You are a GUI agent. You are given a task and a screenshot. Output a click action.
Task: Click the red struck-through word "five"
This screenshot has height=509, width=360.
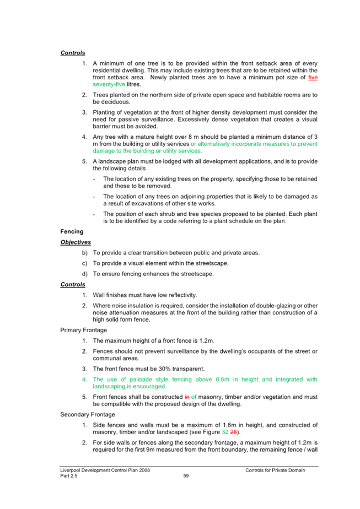pos(313,78)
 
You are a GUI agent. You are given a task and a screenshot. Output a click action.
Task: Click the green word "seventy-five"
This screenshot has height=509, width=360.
pos(109,84)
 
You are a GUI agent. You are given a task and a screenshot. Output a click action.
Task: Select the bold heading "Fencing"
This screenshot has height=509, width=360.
pos(72,231)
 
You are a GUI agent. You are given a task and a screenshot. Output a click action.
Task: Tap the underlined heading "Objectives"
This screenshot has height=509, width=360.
pos(76,242)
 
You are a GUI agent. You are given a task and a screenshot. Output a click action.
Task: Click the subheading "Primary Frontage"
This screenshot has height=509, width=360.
pos(83,330)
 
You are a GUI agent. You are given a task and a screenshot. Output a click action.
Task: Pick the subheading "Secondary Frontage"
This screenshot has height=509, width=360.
pos(88,415)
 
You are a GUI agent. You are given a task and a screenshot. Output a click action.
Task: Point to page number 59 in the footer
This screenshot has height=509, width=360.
pos(186,476)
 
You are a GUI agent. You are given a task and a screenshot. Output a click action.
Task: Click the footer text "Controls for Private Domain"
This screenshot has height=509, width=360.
pos(275,470)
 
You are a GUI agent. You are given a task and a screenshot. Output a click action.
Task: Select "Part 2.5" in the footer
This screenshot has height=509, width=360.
pos(69,476)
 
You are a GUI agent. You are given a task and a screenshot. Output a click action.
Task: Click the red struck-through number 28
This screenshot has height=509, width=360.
pos(233,432)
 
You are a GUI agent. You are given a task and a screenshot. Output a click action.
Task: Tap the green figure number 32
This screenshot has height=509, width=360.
pos(225,432)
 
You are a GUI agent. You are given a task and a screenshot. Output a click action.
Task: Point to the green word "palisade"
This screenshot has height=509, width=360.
pos(141,380)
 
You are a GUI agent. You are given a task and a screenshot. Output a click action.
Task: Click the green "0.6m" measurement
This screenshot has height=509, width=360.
pos(223,380)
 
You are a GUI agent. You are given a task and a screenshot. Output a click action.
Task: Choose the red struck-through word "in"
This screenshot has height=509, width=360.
pos(187,397)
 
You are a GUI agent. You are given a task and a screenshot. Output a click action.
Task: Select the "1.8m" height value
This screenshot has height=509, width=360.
pos(229,425)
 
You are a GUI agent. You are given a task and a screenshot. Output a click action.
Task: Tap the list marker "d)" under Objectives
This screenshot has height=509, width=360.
pos(85,274)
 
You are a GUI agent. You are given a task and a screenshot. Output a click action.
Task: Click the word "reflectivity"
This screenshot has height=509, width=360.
pos(182,295)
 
